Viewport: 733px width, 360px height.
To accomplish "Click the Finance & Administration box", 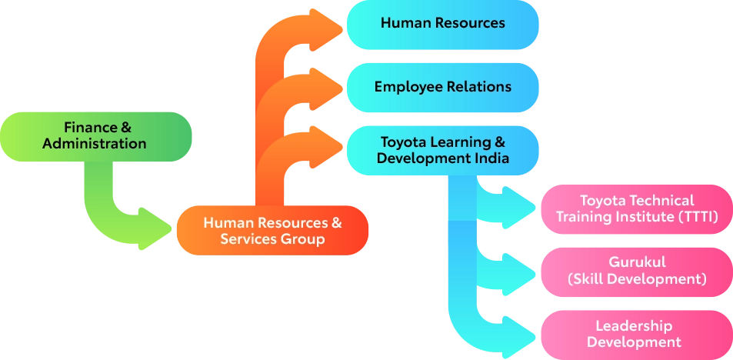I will pos(95,135).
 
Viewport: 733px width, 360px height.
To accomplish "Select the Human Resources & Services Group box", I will pos(272,231).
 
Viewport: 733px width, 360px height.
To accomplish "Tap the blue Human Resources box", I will pos(442,23).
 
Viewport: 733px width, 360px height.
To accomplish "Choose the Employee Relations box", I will pos(442,86).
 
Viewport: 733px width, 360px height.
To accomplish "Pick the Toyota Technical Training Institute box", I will pos(636,208).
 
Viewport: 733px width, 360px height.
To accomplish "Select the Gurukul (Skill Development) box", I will pos(636,272).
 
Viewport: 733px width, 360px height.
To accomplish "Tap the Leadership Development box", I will pos(636,334).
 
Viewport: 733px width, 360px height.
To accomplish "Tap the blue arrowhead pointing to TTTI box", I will pos(523,207).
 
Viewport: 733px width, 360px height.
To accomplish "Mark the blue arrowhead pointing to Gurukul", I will pos(523,270).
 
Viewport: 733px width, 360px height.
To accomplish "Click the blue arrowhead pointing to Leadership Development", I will pos(523,333).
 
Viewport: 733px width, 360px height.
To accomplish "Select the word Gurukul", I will pos(637,263).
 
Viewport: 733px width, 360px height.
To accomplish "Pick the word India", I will pos(494,158).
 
